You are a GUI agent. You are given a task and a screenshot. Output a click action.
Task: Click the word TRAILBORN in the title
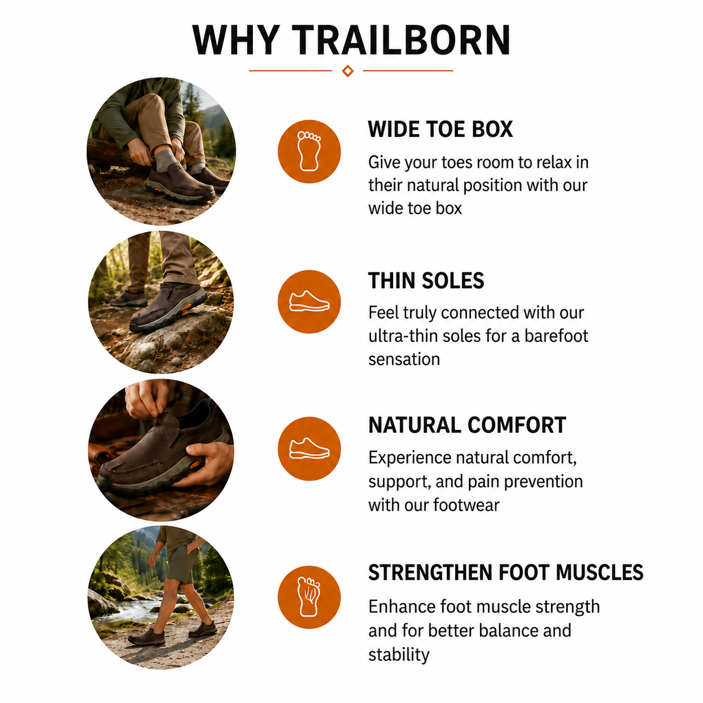401,40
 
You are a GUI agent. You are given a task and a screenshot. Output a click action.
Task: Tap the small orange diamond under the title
348,71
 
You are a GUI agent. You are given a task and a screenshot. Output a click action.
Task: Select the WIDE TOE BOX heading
440,129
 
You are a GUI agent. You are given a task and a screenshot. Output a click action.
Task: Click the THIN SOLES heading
425,280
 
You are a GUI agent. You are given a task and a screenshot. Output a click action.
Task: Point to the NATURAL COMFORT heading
467,425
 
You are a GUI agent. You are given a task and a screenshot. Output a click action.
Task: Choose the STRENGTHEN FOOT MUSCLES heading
506,572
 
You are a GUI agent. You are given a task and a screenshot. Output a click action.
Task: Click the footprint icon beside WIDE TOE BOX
309,151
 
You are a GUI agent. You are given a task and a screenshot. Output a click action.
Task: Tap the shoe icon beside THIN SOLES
309,302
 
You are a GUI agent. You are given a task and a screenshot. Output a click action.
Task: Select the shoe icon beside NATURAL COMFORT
309,448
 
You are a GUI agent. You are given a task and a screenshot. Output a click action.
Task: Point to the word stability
399,654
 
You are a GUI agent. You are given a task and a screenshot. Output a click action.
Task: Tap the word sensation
404,359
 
